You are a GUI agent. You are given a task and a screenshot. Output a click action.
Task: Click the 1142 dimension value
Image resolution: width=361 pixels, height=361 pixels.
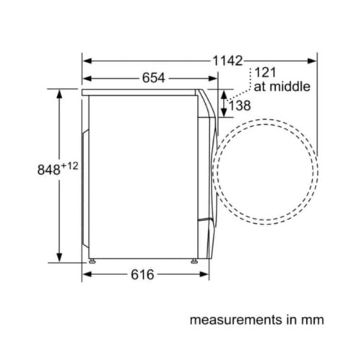click(227, 61)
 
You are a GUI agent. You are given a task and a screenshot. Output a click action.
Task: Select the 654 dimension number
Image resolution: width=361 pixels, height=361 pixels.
click(154, 78)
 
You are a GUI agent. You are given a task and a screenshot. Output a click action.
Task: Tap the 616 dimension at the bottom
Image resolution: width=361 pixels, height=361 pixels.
click(142, 274)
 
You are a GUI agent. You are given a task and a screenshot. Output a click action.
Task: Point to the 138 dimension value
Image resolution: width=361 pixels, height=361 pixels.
click(240, 105)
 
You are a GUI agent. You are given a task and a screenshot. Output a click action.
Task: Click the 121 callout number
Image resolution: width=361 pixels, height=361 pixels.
click(265, 72)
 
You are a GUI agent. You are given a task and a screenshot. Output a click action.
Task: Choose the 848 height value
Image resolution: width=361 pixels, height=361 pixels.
click(48, 170)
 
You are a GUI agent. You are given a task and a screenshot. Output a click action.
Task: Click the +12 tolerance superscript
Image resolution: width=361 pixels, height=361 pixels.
click(70, 166)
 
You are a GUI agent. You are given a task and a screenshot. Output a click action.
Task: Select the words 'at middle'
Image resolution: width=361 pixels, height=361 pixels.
click(282, 87)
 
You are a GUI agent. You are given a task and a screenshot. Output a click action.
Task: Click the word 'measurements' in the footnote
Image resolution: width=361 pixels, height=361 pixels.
click(236, 320)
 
